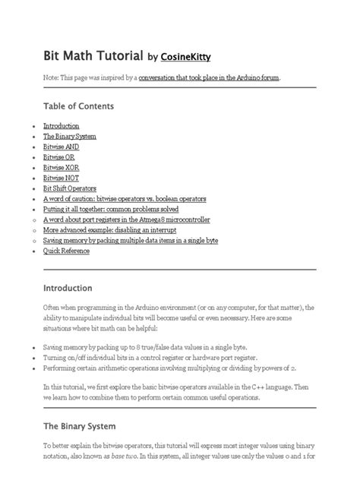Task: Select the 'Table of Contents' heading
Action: click(x=79, y=106)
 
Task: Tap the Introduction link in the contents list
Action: click(x=62, y=126)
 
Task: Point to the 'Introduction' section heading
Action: click(x=68, y=289)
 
